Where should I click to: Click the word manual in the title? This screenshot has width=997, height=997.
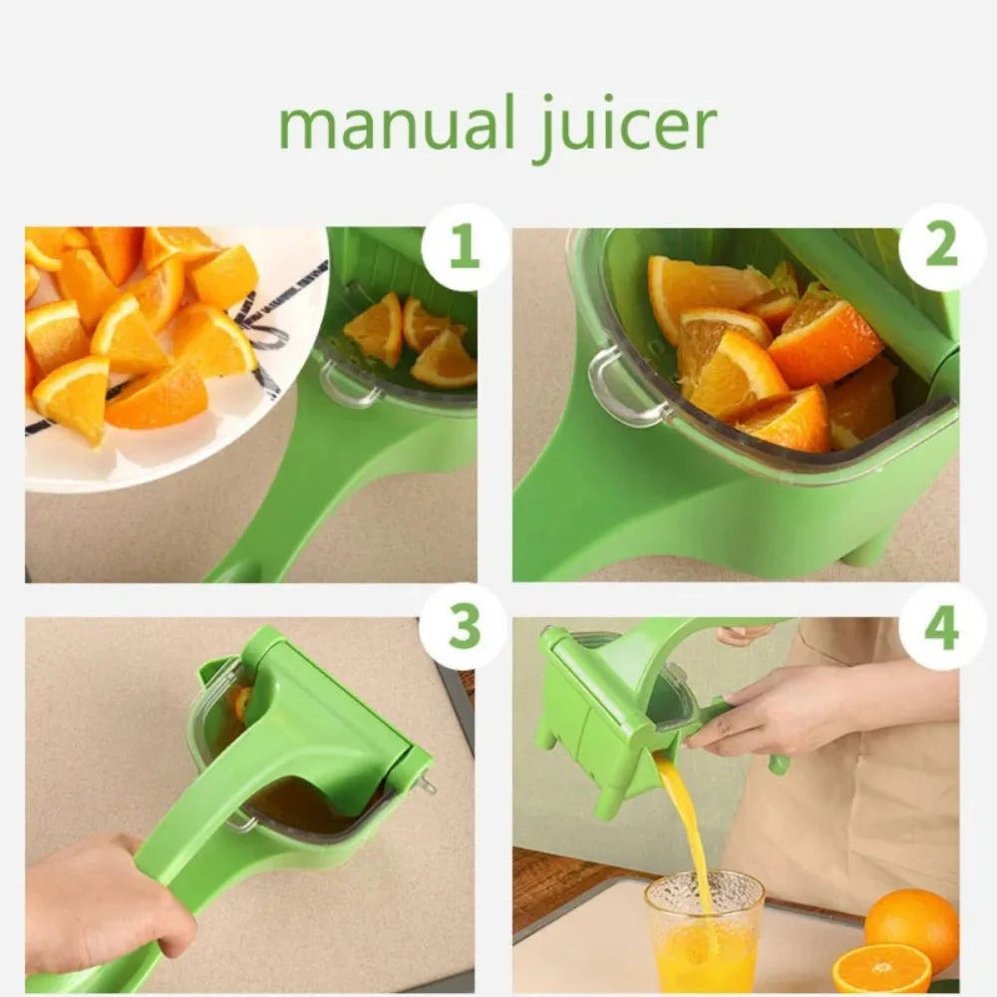pyautogui.click(x=394, y=125)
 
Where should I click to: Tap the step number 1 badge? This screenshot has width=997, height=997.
pyautogui.click(x=464, y=247)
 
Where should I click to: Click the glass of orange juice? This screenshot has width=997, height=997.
pyautogui.click(x=703, y=932)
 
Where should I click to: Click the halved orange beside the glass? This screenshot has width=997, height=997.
pyautogui.click(x=881, y=969)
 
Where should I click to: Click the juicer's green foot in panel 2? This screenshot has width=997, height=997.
pyautogui.click(x=865, y=549)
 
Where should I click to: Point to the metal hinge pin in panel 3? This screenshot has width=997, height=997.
pyautogui.click(x=427, y=785)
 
